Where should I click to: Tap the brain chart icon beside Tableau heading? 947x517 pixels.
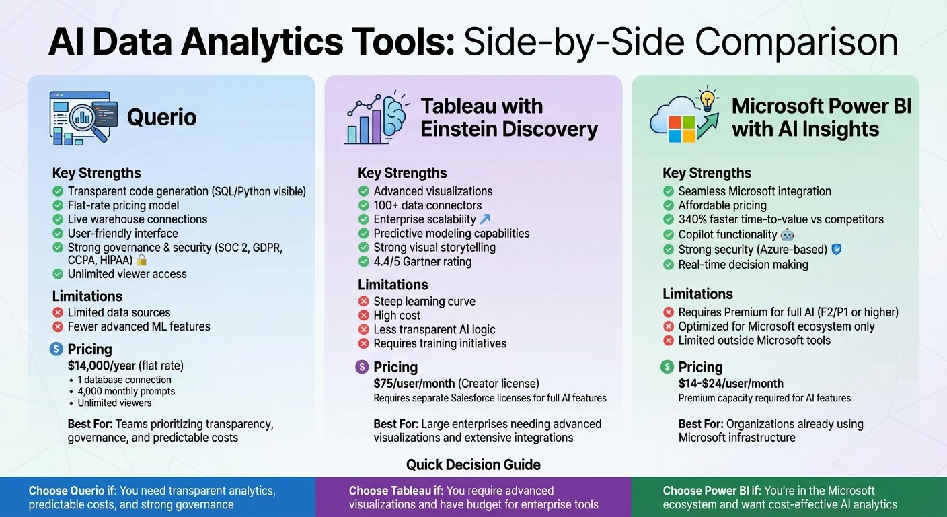[x=377, y=117]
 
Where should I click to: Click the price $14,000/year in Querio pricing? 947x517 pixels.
[x=101, y=366]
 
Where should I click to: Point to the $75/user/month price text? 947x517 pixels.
[x=414, y=384]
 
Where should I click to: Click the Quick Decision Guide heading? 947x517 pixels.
[x=473, y=464]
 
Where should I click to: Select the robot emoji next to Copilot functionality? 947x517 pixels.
[x=788, y=235]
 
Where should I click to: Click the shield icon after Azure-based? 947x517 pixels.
[x=837, y=250]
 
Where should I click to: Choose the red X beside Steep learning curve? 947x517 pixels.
[x=364, y=302]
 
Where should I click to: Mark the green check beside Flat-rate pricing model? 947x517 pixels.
[x=58, y=205]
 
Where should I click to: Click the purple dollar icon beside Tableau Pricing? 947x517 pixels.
[x=362, y=367]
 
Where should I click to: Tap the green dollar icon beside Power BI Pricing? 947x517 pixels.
[x=667, y=367]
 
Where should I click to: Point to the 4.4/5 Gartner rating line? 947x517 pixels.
[x=422, y=262]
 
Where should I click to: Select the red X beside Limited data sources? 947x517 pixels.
[x=58, y=312]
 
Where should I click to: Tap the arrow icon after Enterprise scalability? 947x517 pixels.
[x=485, y=219]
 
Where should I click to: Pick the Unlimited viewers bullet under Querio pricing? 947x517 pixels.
[x=114, y=403]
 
